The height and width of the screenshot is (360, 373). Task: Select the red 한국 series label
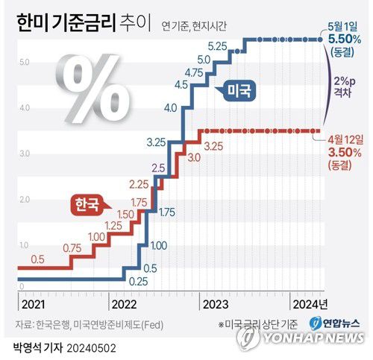(x=87, y=203)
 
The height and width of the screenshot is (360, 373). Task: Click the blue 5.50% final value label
(x=345, y=38)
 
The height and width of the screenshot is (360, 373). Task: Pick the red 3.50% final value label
(x=344, y=152)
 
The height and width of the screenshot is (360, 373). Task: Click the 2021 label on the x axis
(x=33, y=304)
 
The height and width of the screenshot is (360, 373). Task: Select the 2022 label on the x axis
(x=124, y=304)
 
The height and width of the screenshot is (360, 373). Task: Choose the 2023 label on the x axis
(x=215, y=304)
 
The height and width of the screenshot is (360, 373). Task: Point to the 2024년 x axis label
(x=309, y=304)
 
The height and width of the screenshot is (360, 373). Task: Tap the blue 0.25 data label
(x=137, y=282)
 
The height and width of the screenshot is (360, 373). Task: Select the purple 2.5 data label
(x=158, y=168)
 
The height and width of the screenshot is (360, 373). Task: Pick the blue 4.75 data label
(x=193, y=72)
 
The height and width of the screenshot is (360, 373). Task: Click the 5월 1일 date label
(x=342, y=25)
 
